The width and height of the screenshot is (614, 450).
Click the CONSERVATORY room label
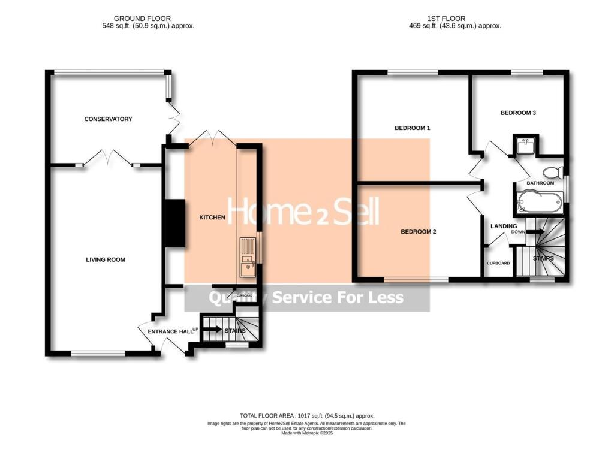[108, 119]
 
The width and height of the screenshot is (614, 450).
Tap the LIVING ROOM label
[105, 259]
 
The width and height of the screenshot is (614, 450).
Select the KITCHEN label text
[212, 218]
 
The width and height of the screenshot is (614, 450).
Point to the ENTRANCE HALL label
[165, 331]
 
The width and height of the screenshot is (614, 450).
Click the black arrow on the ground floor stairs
[211, 328]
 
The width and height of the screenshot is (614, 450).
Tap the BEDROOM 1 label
[413, 128]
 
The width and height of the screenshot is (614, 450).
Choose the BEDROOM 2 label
[419, 232]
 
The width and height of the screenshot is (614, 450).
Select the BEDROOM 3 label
[518, 112]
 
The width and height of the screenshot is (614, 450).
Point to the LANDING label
[504, 226]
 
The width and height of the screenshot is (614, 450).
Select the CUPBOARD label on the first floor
[498, 263]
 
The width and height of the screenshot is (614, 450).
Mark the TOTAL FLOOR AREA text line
[307, 415]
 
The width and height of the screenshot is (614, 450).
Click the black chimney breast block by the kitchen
[175, 223]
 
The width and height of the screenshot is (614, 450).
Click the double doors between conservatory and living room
[108, 158]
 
